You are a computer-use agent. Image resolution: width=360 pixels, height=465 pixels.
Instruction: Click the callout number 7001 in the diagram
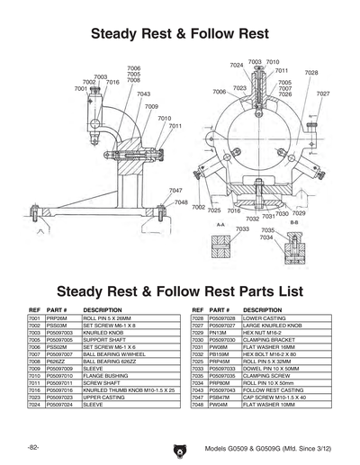(x=80, y=89)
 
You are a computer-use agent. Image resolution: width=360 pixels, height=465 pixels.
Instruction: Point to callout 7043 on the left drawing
(x=143, y=94)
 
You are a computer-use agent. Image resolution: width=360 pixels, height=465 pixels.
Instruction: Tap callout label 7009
(x=151, y=107)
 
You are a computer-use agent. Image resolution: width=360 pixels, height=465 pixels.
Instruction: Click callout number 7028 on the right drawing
(x=310, y=73)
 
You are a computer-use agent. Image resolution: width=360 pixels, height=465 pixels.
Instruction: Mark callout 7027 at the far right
(x=322, y=94)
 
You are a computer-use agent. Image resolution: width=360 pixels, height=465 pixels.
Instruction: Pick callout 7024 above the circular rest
(x=236, y=66)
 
